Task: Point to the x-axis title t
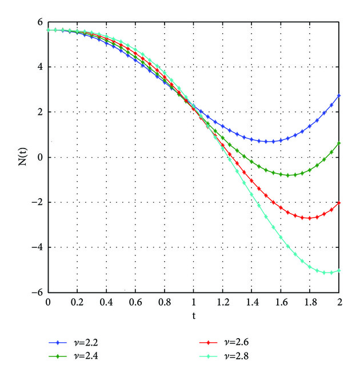[194, 315]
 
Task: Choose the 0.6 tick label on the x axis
[135, 302]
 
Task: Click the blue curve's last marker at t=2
[339, 96]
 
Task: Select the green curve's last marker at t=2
[339, 143]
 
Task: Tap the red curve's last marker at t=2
[339, 203]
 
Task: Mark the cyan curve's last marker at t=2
[339, 271]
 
